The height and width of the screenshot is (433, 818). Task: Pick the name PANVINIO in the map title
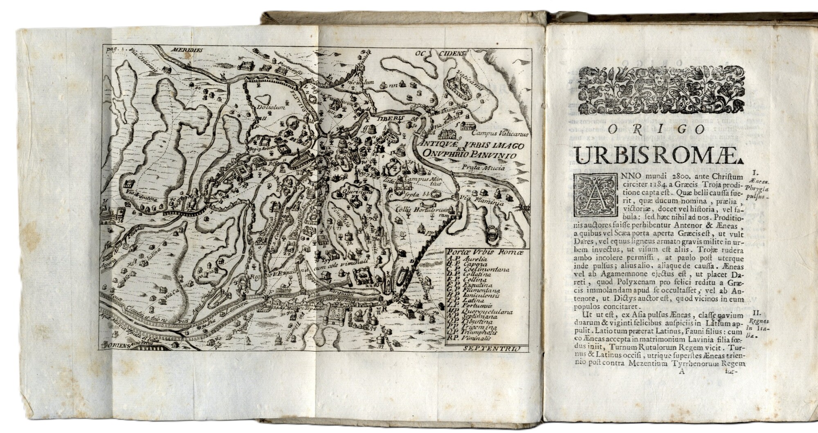pos(495,155)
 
